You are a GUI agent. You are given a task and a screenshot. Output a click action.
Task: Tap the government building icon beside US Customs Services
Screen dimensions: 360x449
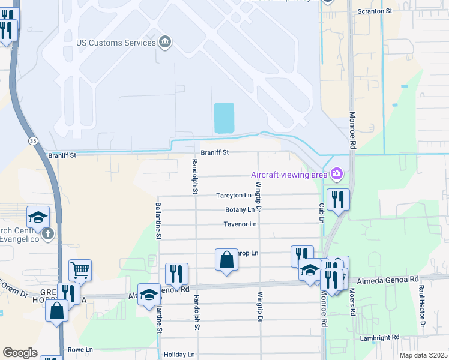[x=164, y=42]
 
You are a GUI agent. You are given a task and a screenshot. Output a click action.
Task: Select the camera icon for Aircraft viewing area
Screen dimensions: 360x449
[x=337, y=174]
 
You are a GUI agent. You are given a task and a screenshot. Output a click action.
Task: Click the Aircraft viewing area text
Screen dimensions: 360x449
[x=289, y=175]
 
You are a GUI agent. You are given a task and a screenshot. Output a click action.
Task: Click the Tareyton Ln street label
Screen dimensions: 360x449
[x=234, y=196]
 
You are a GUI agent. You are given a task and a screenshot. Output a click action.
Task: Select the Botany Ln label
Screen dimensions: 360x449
[x=240, y=210]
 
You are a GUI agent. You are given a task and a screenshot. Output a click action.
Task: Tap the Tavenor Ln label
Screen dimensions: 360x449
[x=240, y=224]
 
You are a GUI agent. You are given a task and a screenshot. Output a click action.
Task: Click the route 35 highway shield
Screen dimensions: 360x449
[x=33, y=141]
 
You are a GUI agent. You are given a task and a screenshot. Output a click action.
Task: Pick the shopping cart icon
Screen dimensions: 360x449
[x=80, y=270]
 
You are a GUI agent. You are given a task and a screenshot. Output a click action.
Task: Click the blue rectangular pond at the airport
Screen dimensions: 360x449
[x=224, y=118]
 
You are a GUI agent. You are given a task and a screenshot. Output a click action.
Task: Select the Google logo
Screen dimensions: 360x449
[x=20, y=353]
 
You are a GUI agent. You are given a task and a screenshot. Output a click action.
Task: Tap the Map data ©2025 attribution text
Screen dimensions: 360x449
[x=423, y=355]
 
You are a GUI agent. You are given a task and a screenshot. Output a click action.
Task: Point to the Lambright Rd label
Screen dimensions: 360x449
[x=380, y=338]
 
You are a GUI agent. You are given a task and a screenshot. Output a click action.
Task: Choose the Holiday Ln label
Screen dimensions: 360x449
[x=179, y=355]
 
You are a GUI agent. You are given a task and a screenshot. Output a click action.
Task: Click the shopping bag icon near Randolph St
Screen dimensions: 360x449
[x=226, y=260]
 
